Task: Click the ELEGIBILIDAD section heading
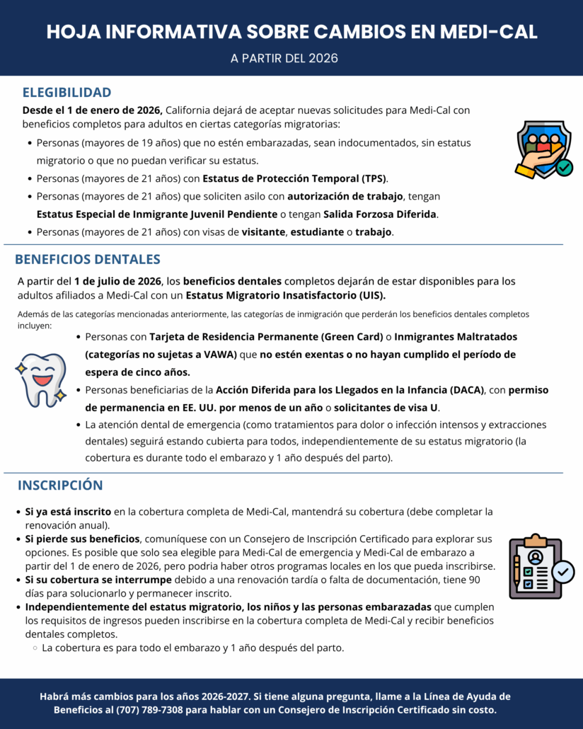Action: click(x=67, y=92)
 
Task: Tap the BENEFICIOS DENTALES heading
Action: click(x=88, y=259)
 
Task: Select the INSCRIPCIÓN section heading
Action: click(x=60, y=485)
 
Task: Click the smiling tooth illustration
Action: click(x=41, y=379)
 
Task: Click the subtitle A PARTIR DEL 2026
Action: click(x=284, y=58)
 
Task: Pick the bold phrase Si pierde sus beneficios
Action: click(x=83, y=539)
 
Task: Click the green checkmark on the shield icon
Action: click(x=564, y=168)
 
